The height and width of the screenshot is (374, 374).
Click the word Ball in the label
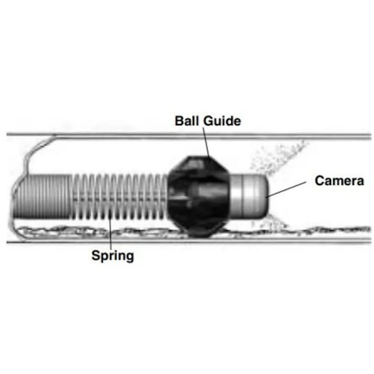point(187,121)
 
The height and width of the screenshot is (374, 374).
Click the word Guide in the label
point(222,121)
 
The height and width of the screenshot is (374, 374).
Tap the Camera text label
point(339,180)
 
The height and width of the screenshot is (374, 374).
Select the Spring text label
point(113,255)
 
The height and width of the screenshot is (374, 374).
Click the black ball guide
point(198,196)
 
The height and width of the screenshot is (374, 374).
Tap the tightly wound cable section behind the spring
point(42,197)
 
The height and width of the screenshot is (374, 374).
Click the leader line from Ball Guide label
point(206,142)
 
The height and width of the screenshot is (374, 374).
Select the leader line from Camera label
point(286,190)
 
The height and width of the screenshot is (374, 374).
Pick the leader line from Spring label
point(111,229)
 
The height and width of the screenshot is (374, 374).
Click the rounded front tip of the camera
point(266,196)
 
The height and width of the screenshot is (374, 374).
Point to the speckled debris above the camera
point(276,157)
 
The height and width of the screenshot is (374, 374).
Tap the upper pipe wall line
point(189,136)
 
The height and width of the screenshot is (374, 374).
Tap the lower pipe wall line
point(189,242)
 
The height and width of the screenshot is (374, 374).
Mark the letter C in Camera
point(319,180)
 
